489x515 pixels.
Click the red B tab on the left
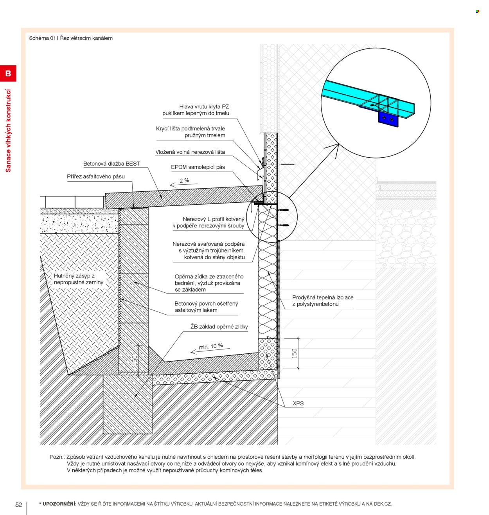click(x=8, y=73)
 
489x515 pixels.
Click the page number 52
click(x=18, y=504)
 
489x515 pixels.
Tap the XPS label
click(x=298, y=403)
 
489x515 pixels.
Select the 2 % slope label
click(x=184, y=180)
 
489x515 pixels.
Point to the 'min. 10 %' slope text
click(x=210, y=346)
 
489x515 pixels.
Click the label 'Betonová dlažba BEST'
click(x=111, y=164)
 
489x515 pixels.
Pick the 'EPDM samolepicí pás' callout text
click(x=198, y=167)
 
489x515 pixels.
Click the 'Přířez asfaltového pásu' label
click(x=95, y=176)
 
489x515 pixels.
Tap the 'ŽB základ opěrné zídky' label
click(x=219, y=327)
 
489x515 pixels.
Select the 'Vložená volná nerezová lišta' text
click(x=190, y=152)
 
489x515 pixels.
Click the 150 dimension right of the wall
click(x=295, y=353)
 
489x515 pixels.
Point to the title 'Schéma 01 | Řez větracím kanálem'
click(x=71, y=38)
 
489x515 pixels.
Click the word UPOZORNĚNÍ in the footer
click(x=59, y=504)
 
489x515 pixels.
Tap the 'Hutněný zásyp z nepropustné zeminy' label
click(x=78, y=279)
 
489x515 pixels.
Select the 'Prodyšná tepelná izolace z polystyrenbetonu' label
click(x=323, y=301)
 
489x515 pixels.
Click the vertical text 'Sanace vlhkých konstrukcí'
click(x=8, y=131)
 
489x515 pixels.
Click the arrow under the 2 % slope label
click(x=183, y=185)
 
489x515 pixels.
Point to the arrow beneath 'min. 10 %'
click(x=210, y=351)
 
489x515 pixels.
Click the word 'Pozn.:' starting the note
click(x=57, y=457)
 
